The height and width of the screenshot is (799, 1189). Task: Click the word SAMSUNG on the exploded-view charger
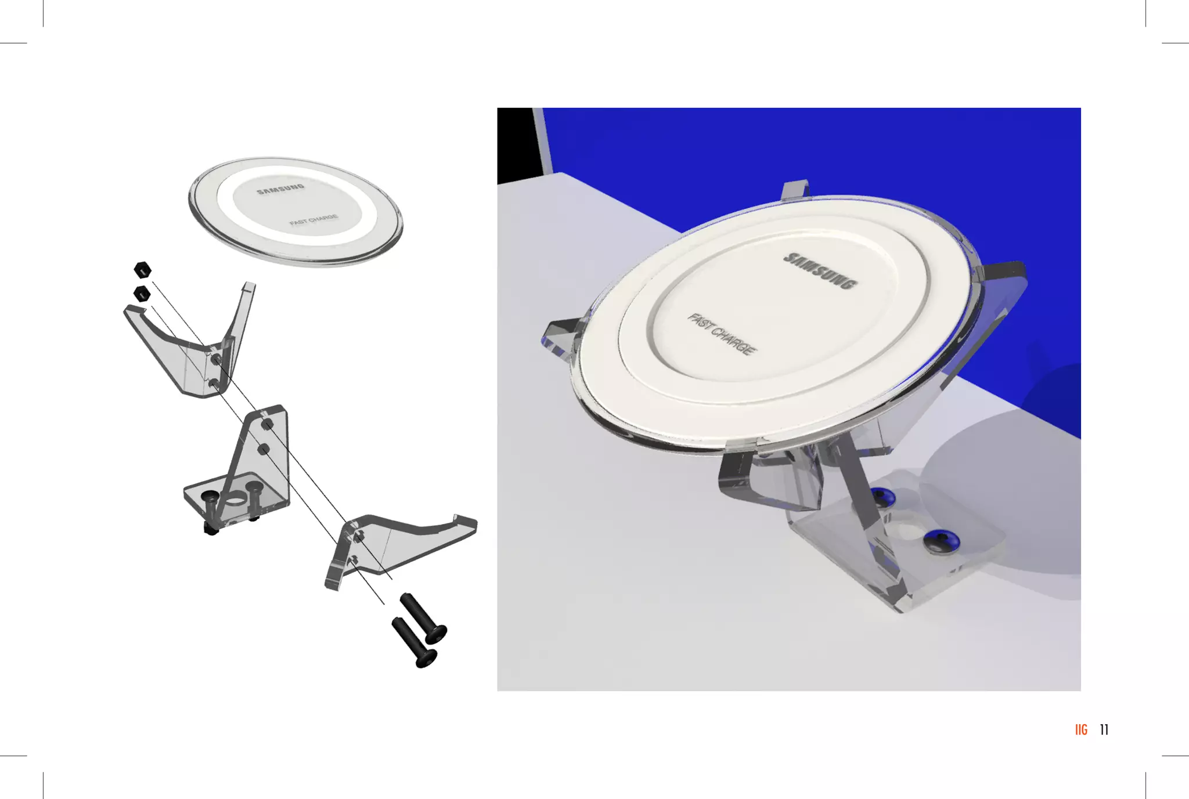280,189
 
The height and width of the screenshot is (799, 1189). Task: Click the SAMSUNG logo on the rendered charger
820,270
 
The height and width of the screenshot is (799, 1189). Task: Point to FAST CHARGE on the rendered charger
722,334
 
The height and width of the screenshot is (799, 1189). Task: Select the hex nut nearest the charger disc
143,270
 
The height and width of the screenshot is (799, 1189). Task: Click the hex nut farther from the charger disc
142,294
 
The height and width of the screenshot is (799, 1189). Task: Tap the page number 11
1104,730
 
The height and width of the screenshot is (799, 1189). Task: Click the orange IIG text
1081,730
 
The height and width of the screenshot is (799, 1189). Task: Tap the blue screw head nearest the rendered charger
882,496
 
